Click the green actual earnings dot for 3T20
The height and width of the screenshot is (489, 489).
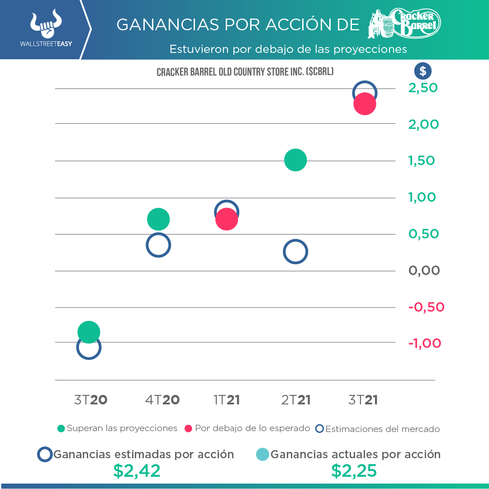click(89, 332)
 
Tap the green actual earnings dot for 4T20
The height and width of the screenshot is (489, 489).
click(158, 219)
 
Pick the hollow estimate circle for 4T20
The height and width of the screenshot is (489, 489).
click(158, 246)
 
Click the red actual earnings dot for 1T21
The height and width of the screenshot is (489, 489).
click(227, 219)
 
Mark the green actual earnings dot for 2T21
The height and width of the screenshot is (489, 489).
click(295, 160)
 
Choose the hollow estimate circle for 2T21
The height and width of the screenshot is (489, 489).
click(295, 252)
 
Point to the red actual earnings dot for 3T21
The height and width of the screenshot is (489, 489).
click(365, 104)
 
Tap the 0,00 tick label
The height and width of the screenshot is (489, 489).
click(424, 271)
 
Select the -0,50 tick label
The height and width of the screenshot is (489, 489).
click(426, 307)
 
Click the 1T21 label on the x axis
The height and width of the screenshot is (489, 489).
click(226, 400)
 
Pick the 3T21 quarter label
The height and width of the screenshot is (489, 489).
click(363, 400)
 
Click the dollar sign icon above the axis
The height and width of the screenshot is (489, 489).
click(423, 71)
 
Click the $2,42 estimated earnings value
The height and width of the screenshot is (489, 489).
click(137, 471)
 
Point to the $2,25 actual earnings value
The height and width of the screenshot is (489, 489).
click(354, 471)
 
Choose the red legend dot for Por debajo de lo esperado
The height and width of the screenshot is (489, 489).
click(189, 428)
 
